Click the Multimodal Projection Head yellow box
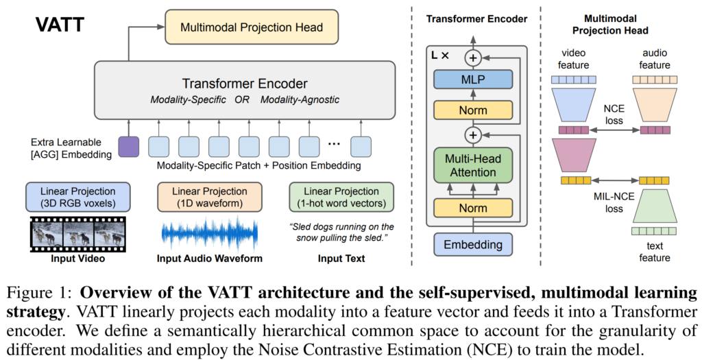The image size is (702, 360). pyautogui.click(x=252, y=27)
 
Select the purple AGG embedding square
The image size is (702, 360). pyautogui.click(x=128, y=147)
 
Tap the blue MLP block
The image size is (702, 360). pyautogui.click(x=473, y=80)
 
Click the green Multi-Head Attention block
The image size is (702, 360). pyautogui.click(x=473, y=165)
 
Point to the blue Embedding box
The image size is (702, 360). pyautogui.click(x=473, y=245)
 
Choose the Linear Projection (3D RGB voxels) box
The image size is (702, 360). pyautogui.click(x=78, y=197)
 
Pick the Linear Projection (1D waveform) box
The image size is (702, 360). pyautogui.click(x=210, y=197)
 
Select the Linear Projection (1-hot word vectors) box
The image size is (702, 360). pyautogui.click(x=341, y=197)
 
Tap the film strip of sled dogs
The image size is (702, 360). pyautogui.click(x=78, y=235)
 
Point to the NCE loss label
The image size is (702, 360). pyautogui.click(x=614, y=115)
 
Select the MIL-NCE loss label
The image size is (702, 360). pyautogui.click(x=614, y=202)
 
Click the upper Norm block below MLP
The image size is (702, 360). pyautogui.click(x=473, y=110)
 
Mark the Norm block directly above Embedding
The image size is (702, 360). pyautogui.click(x=473, y=208)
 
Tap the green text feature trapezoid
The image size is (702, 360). pyautogui.click(x=654, y=206)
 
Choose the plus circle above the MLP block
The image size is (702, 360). pyautogui.click(x=473, y=58)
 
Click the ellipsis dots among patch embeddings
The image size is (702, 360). pyautogui.click(x=334, y=144)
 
